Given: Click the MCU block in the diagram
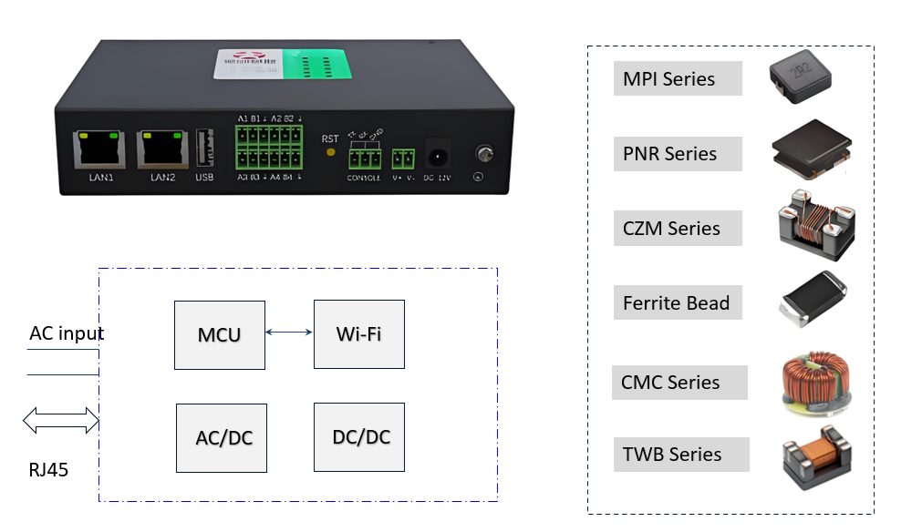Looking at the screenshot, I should pyautogui.click(x=220, y=334).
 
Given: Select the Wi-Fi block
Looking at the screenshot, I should pyautogui.click(x=358, y=333).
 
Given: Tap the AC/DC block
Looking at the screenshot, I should pyautogui.click(x=223, y=438).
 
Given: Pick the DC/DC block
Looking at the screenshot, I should pyautogui.click(x=359, y=436).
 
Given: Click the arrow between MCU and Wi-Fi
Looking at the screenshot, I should pyautogui.click(x=290, y=333).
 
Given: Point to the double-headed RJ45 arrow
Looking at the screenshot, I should pyautogui.click(x=61, y=420).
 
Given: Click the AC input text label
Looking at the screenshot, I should pyautogui.click(x=67, y=333).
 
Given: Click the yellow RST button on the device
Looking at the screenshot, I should pyautogui.click(x=329, y=152).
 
